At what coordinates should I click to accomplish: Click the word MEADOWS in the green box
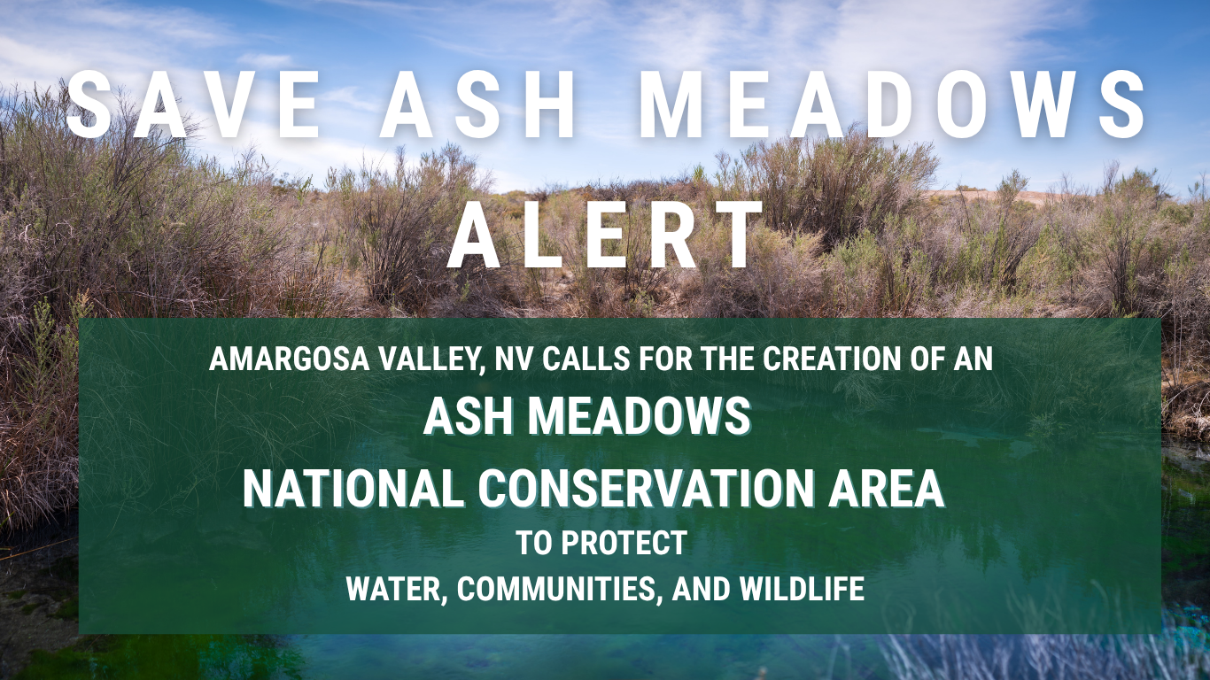tap(640, 416)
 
